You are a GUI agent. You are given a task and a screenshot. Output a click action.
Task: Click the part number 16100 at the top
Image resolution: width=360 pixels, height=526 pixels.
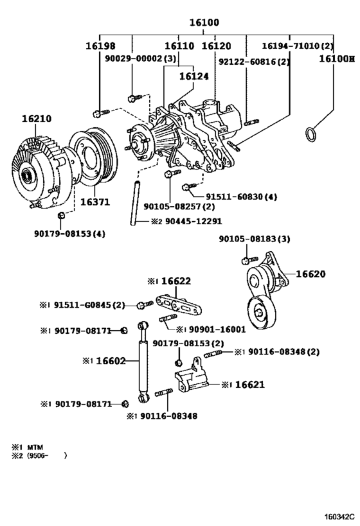tap(204, 23)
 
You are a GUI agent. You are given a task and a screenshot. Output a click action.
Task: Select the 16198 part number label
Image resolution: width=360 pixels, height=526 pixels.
tap(100, 46)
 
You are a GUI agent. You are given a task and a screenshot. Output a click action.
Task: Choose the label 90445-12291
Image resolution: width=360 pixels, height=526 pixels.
tap(187, 222)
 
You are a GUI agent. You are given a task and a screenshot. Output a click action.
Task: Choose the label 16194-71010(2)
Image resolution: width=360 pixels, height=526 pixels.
tap(298, 46)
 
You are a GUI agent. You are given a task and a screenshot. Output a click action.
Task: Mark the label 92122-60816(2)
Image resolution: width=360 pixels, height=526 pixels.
tap(253, 62)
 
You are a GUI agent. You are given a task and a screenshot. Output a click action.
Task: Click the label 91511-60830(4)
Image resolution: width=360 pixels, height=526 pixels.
tap(241, 197)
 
